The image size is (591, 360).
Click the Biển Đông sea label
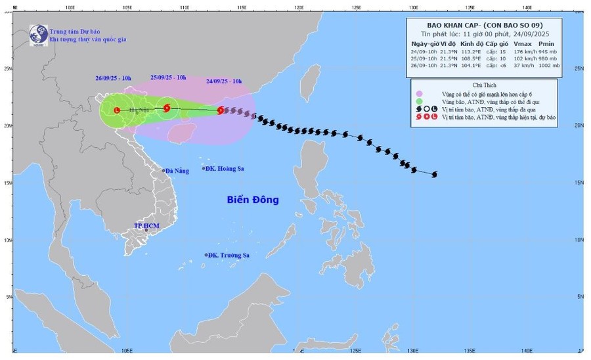tap(253, 200)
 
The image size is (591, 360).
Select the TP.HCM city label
tap(146, 225)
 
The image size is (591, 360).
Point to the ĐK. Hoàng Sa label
tap(225, 169)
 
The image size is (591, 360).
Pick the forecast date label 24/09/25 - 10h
tap(224, 81)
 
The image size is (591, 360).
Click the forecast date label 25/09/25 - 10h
tap(168, 77)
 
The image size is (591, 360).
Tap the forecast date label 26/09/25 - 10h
tap(113, 79)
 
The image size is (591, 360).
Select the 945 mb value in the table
tap(550, 51)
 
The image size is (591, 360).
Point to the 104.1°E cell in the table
tap(470, 66)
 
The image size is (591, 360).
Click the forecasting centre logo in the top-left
tap(37, 35)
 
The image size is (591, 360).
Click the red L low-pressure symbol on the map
tap(117, 110)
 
